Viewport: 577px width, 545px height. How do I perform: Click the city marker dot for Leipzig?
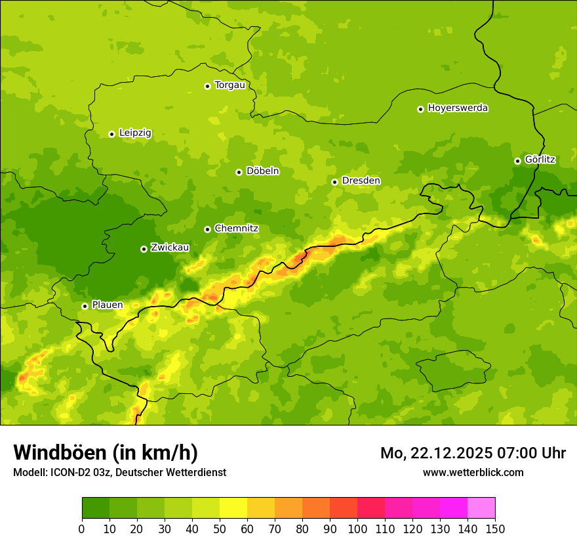tap(111, 134)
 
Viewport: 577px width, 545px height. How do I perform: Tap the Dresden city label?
tap(361, 181)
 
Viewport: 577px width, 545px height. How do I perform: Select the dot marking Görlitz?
tap(517, 161)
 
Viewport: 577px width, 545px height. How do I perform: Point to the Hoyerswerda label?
tap(458, 108)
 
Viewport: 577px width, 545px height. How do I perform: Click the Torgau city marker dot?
tap(207, 86)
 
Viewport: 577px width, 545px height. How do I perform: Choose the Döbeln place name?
tap(262, 171)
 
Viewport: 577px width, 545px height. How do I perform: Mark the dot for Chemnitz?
tap(207, 229)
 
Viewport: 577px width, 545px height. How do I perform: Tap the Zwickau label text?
tap(170, 248)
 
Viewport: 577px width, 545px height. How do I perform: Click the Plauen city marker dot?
tap(85, 306)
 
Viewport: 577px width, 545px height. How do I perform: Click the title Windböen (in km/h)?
tap(106, 452)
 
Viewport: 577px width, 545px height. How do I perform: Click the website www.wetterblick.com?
tap(473, 472)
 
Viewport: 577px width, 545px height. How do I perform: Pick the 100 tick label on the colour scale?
tap(357, 528)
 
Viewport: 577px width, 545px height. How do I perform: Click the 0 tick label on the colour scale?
tap(82, 528)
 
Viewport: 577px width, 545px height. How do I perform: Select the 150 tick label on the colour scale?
tap(495, 528)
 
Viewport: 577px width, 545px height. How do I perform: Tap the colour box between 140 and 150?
tap(481, 508)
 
